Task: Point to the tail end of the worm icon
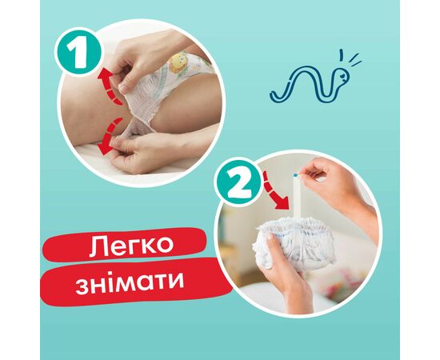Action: point(274,96)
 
